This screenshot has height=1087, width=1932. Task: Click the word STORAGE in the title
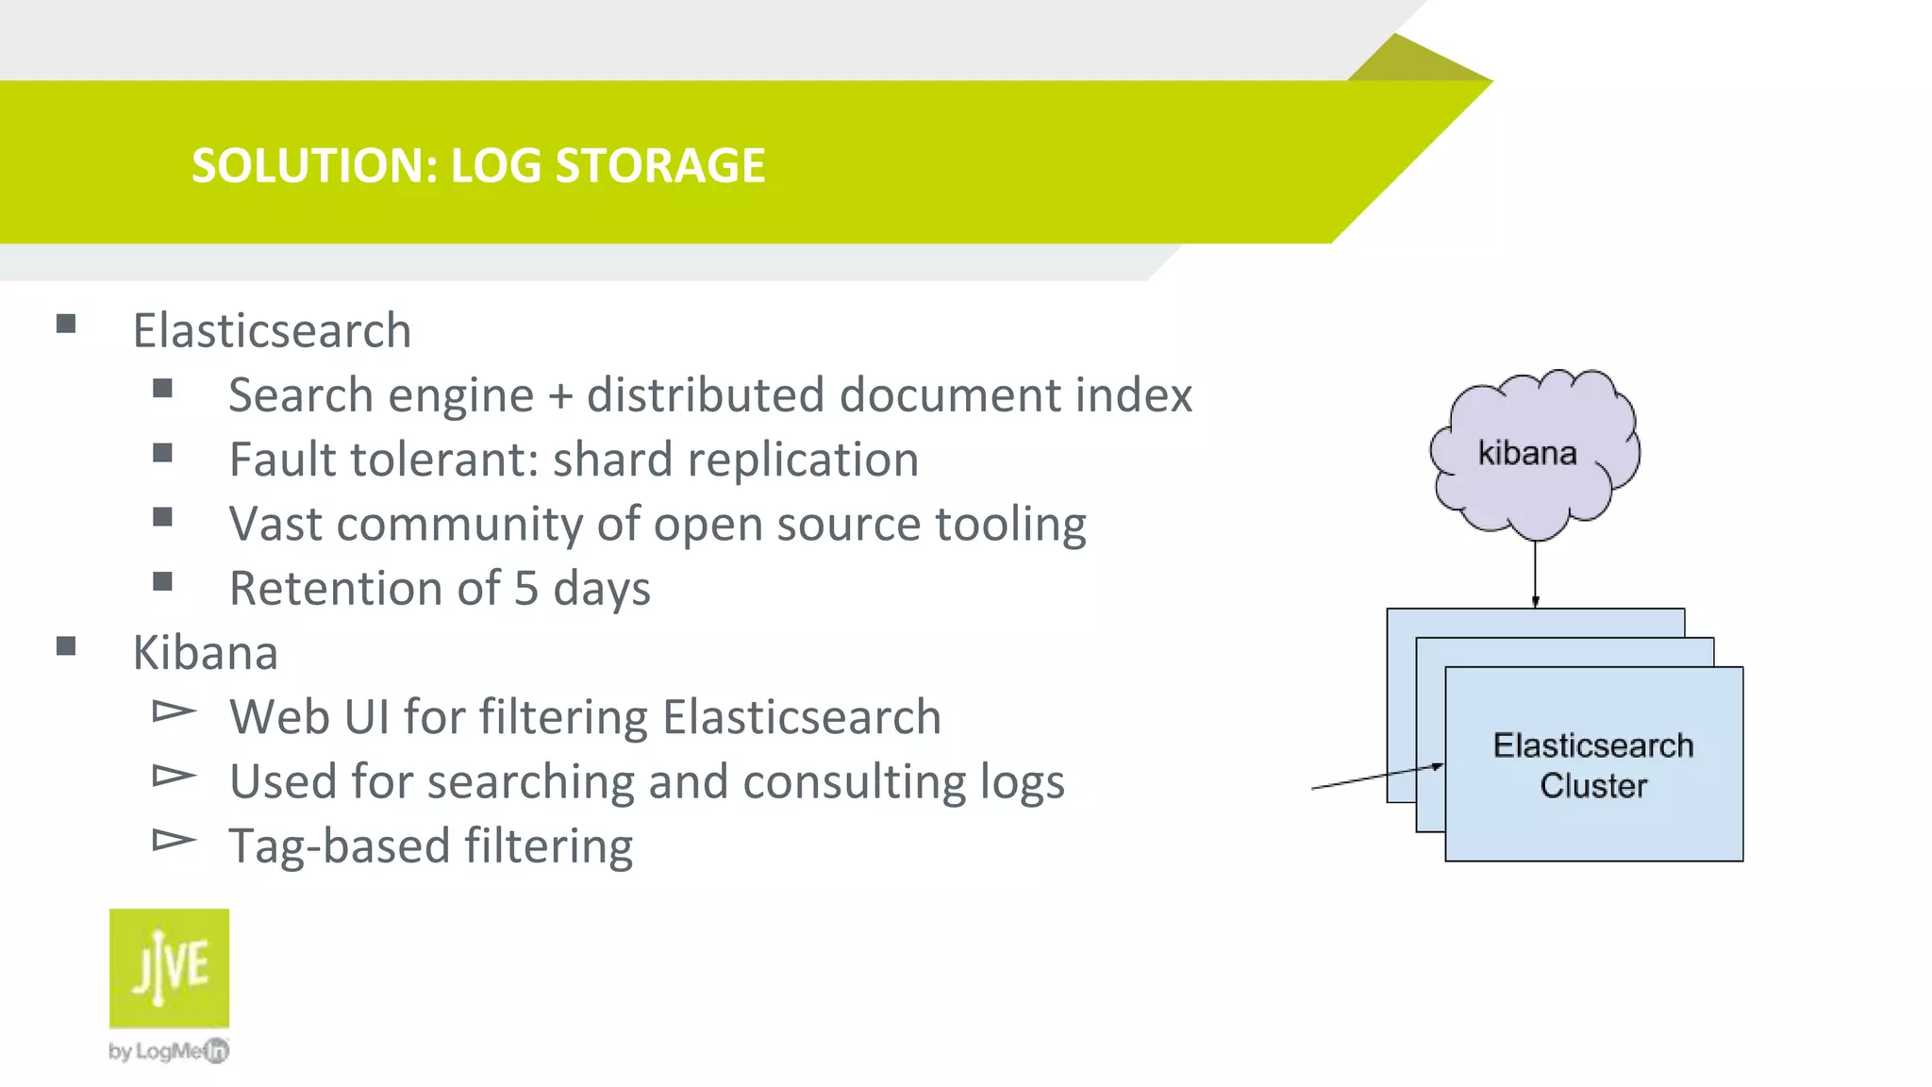click(659, 166)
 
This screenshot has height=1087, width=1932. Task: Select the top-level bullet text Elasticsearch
click(272, 331)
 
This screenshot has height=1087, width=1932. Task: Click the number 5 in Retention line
click(526, 589)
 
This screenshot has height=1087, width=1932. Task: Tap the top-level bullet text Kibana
click(205, 653)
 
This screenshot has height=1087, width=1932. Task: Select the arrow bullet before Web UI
click(174, 711)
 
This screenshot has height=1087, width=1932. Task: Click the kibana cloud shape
click(1534, 453)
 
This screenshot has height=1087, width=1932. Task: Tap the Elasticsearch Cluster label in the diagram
click(1593, 765)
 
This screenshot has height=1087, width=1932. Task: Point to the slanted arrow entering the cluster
click(1377, 777)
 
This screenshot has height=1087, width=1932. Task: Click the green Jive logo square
click(169, 968)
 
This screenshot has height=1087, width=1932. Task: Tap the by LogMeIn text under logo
click(168, 1051)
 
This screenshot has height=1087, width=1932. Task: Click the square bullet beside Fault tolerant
click(162, 454)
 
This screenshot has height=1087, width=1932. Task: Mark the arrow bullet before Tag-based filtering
click(174, 840)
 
